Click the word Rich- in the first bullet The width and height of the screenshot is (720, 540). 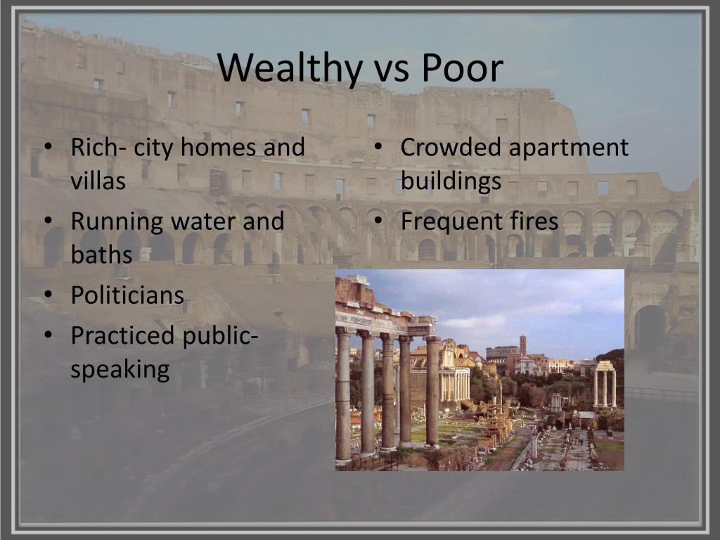[98, 148]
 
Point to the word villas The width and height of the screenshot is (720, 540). [98, 181]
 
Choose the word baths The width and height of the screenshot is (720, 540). [101, 255]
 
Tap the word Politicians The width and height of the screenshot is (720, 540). [127, 295]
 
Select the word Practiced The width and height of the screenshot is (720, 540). [123, 336]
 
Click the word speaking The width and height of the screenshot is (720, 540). [120, 369]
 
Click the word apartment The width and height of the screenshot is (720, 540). [569, 148]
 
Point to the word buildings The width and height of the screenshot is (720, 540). [451, 181]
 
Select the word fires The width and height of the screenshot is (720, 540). [535, 222]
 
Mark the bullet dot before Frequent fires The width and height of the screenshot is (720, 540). [378, 222]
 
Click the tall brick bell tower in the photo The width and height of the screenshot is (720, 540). [522, 345]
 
